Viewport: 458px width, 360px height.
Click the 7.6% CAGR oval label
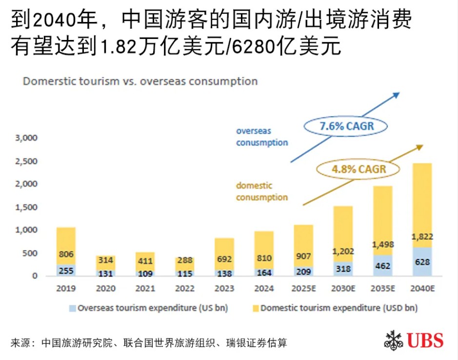click(x=346, y=127)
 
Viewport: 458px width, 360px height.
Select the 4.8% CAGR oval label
click(x=358, y=170)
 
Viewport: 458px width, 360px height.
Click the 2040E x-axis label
click(x=422, y=289)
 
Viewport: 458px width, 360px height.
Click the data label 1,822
click(x=422, y=237)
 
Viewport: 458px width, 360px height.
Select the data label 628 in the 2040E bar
click(x=422, y=262)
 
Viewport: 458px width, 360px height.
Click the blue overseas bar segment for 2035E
click(x=383, y=266)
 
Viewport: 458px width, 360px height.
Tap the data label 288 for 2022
click(x=185, y=260)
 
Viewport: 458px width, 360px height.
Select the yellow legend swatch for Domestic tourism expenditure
click(x=255, y=308)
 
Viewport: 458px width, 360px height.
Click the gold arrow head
click(x=419, y=147)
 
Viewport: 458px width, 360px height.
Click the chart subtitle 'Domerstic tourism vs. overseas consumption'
click(x=140, y=81)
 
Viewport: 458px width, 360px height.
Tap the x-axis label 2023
click(x=224, y=289)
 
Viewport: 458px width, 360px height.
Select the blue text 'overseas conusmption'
click(x=262, y=137)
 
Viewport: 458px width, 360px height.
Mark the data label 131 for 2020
click(x=105, y=274)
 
